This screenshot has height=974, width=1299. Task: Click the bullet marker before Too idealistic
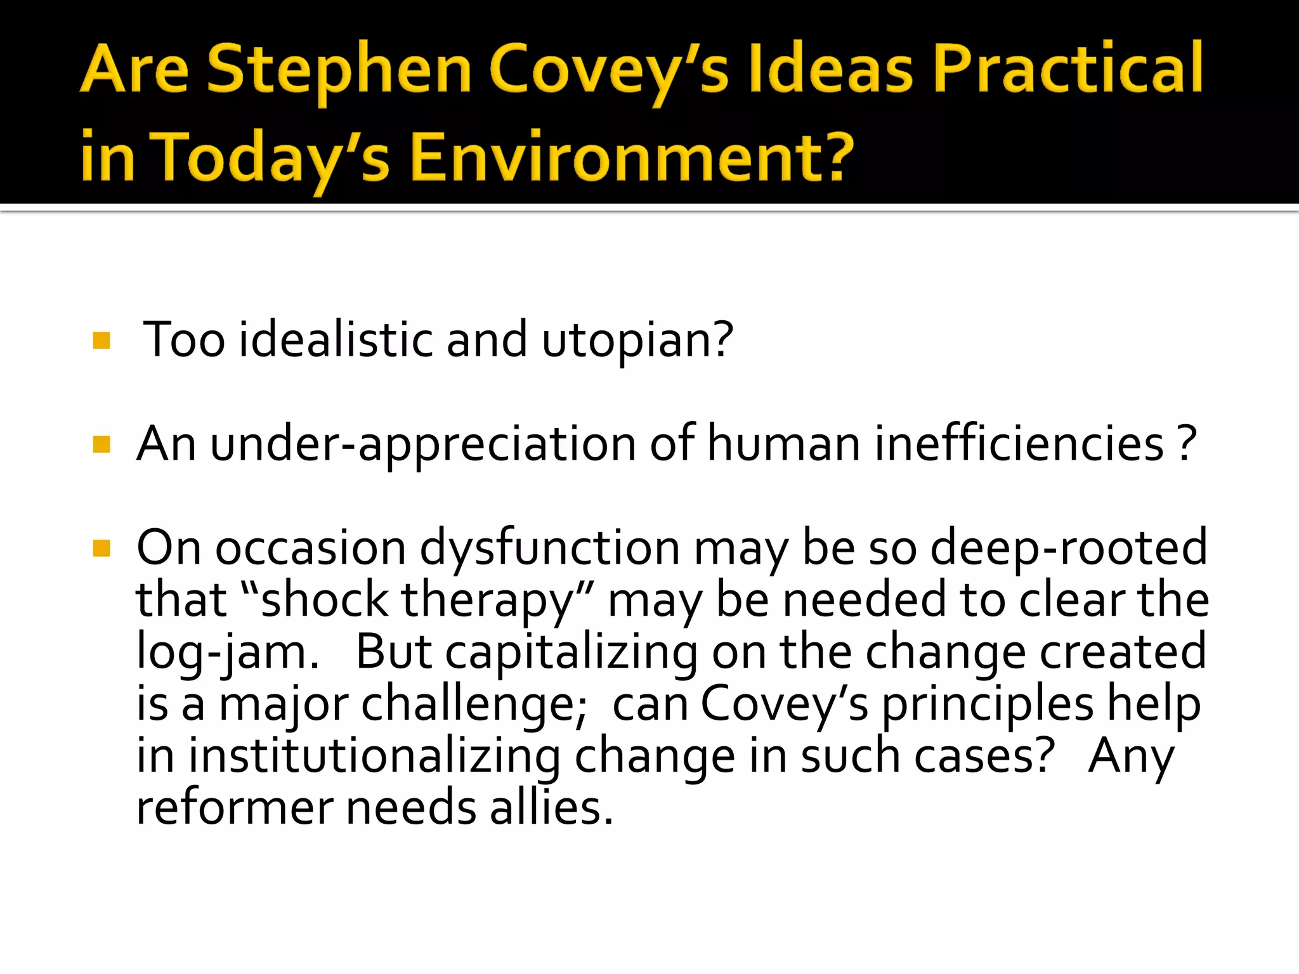101,341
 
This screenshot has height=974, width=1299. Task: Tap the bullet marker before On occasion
101,548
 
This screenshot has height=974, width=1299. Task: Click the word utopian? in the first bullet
637,341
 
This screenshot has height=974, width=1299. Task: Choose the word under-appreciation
422,444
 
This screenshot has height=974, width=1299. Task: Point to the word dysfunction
549,548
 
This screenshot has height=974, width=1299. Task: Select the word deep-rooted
1068,548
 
